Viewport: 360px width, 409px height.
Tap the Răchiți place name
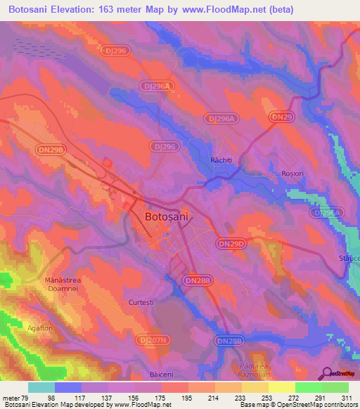221,160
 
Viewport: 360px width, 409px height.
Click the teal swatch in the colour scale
41,387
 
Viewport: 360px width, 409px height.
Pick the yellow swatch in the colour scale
281,387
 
